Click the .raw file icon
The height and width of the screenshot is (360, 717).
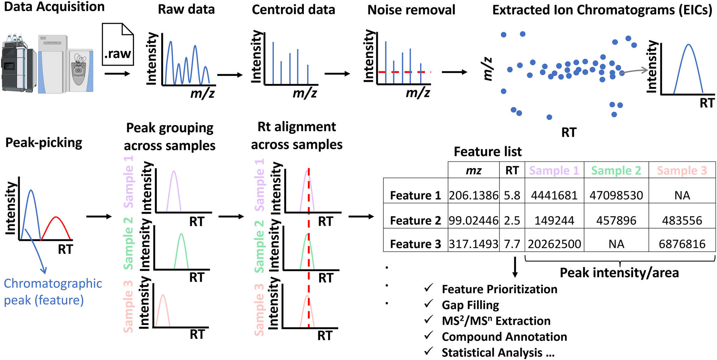[x=118, y=45]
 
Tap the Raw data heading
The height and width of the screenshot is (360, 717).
[x=186, y=9]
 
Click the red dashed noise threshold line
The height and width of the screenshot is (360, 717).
[x=405, y=72]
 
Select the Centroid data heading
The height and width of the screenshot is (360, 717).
[x=293, y=9]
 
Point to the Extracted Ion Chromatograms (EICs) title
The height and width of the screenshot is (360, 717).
[x=602, y=10]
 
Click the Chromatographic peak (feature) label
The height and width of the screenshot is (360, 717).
[x=53, y=291]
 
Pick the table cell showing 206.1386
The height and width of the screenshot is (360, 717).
[x=474, y=195]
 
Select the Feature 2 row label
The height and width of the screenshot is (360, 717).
[x=416, y=221]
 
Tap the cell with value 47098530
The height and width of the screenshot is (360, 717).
[x=616, y=195]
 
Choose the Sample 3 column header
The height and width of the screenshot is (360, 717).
[x=682, y=171]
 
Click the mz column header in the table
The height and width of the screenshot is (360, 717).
[x=474, y=171]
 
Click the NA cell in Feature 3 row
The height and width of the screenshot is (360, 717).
[x=616, y=244]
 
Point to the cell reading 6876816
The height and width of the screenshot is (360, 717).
[x=682, y=244]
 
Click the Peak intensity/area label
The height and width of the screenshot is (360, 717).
[x=619, y=273]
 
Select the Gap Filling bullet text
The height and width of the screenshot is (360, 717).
[x=470, y=305]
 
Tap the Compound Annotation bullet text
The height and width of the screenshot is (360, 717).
[x=504, y=337]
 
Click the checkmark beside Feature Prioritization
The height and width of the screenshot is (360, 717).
[x=428, y=288]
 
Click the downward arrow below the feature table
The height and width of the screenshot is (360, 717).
[x=514, y=267]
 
